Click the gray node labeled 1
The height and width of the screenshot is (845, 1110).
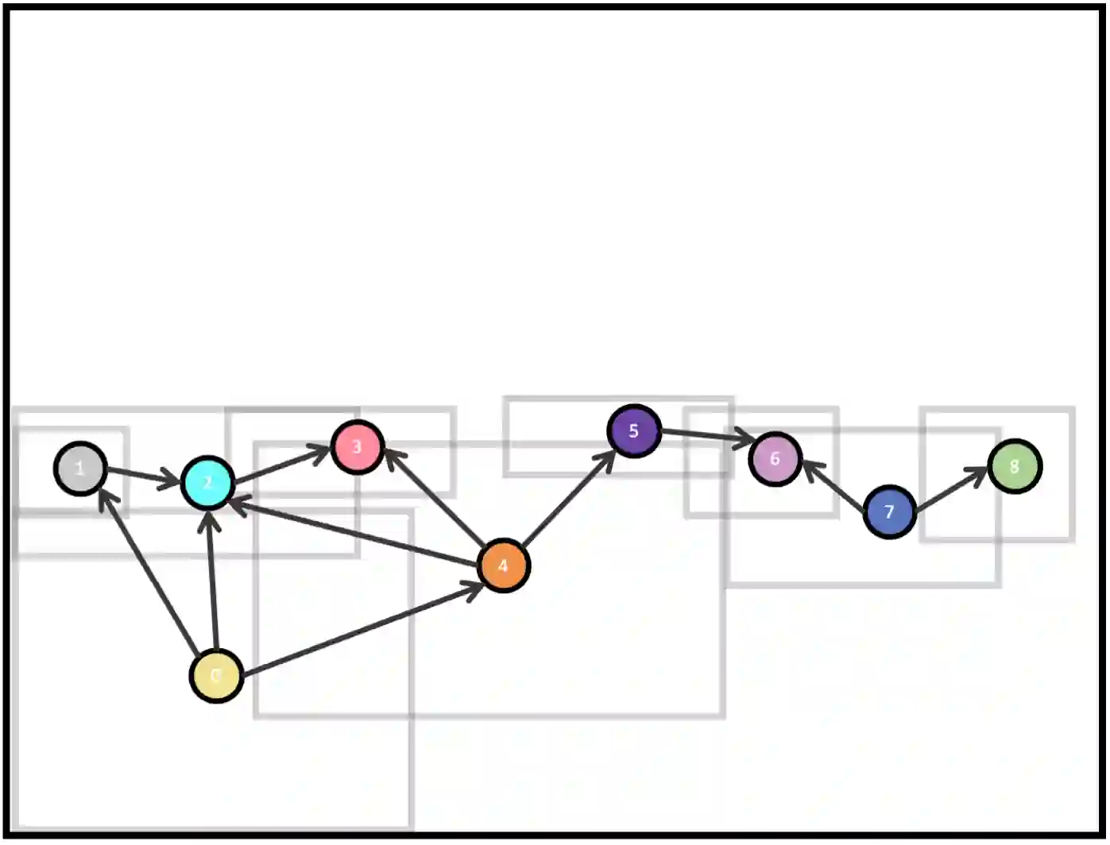80,469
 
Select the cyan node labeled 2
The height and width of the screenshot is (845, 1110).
207,482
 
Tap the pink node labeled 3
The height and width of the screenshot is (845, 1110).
357,447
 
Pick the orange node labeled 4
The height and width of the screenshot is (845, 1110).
503,565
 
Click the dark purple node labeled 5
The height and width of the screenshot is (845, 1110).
634,431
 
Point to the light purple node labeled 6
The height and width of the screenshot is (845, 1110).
775,458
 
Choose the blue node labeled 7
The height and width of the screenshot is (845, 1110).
889,512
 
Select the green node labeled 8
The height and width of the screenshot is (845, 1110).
1015,466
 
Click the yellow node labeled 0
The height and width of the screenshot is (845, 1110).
216,676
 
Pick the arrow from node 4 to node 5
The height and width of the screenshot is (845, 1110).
569,499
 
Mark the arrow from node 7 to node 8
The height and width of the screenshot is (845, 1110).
951,489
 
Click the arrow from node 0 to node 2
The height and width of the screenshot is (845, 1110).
212,580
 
